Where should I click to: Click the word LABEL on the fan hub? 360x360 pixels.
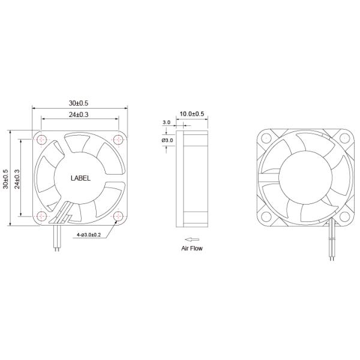[80, 178]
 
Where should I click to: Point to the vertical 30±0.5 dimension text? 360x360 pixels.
[6, 178]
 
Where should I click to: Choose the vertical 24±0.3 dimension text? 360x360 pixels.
[17, 178]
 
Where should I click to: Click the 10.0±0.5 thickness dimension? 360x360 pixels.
[192, 114]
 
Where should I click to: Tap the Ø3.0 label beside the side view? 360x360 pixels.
[167, 140]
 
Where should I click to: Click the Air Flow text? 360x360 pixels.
[193, 247]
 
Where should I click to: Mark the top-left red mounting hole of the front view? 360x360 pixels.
[41, 140]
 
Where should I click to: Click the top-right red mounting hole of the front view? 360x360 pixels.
[117, 140]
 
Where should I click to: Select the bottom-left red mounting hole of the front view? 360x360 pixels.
[41, 215]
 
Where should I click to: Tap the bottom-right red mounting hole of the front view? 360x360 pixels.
[117, 215]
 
